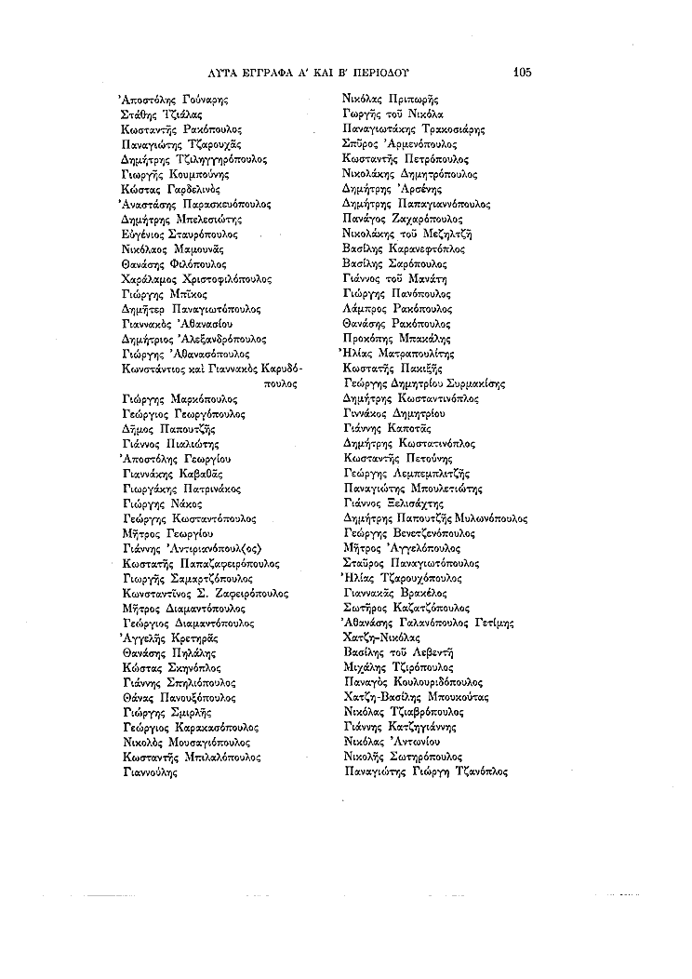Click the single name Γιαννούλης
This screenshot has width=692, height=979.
pos(149,772)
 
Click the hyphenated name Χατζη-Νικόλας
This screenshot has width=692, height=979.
pos(382,638)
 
